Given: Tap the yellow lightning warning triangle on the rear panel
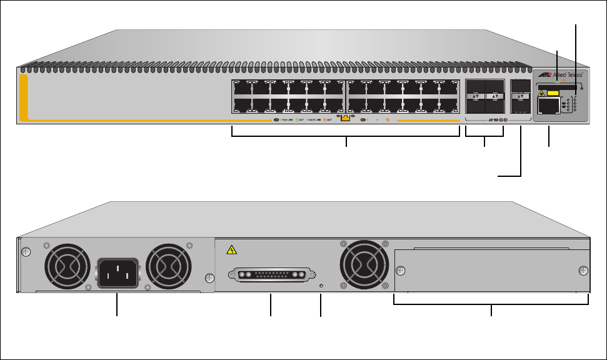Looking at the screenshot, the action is point(233,251).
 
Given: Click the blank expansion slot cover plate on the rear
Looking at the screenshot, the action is point(492,271).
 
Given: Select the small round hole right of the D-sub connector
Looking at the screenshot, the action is point(321,286).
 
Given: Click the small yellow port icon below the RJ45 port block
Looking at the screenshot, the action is point(344,117).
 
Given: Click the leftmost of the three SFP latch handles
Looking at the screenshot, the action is point(476,97).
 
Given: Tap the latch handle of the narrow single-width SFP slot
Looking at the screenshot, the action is point(519,97).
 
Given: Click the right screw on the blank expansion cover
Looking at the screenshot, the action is point(583,271).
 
